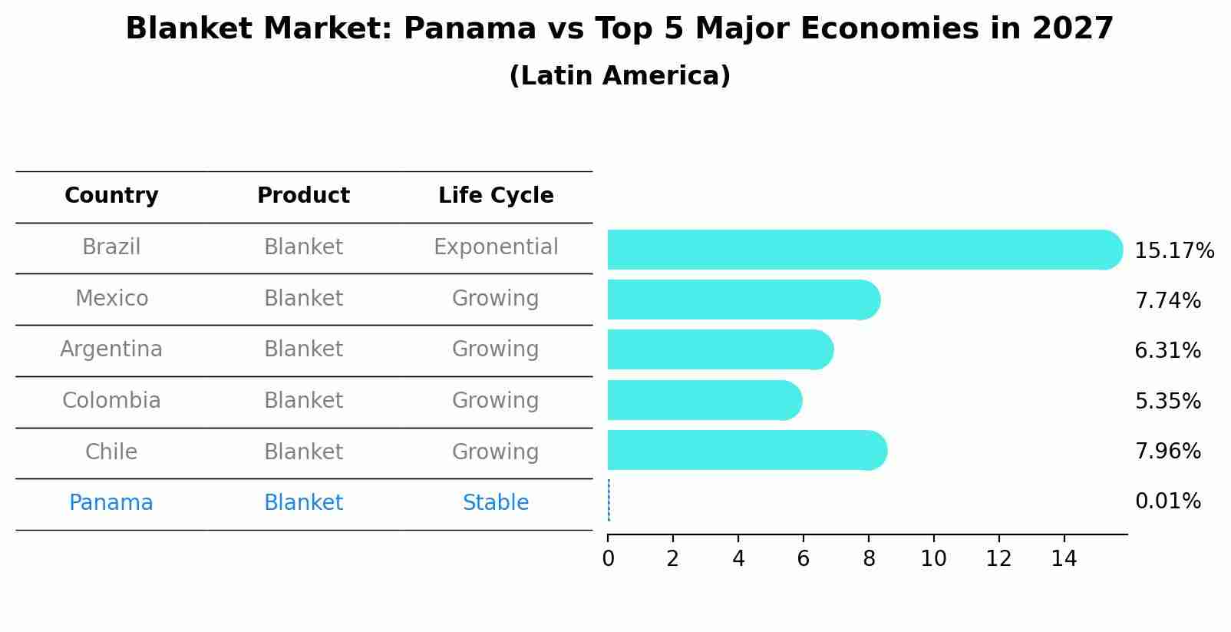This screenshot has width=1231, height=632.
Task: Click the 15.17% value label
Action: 1173,251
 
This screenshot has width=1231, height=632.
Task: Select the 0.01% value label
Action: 1167,501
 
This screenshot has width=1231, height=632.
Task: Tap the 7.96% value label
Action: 1167,451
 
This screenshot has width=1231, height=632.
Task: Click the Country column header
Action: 111,196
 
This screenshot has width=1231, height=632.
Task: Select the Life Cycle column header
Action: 496,196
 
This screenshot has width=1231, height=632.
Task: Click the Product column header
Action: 303,196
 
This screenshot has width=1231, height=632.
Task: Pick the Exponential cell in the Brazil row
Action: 496,247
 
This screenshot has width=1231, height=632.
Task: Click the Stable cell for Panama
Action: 496,503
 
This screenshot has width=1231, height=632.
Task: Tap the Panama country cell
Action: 111,503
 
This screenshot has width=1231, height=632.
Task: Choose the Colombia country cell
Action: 111,401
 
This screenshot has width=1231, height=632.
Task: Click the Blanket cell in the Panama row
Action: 303,503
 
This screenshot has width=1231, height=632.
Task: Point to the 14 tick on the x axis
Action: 1064,558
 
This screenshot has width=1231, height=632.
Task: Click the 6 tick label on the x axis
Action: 804,558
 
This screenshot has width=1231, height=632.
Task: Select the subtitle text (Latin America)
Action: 619,76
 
